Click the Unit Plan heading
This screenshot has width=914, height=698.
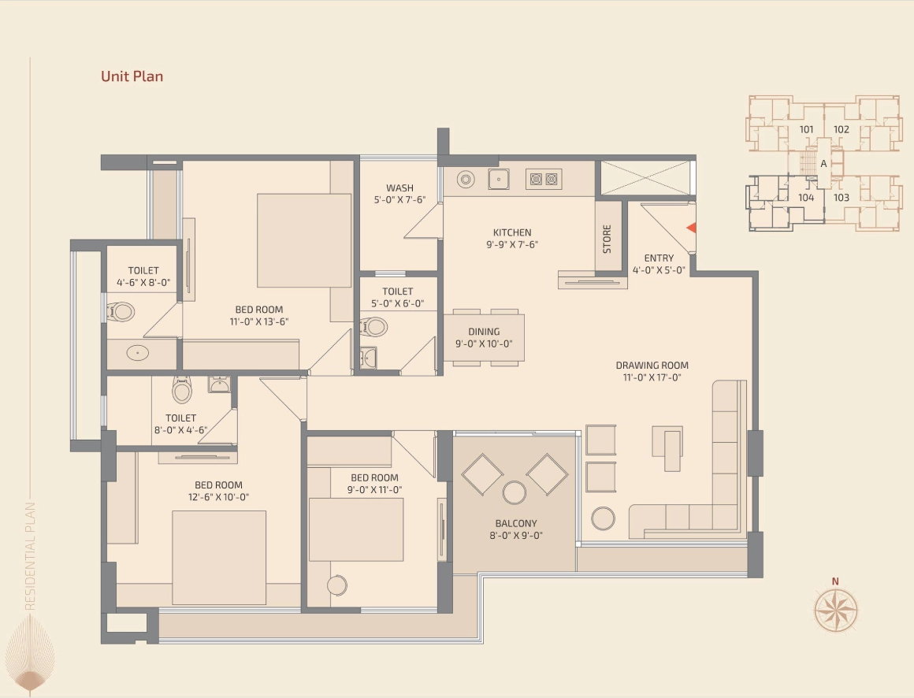(x=132, y=76)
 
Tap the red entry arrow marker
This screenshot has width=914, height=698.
(x=691, y=228)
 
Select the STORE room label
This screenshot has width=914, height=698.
(x=607, y=239)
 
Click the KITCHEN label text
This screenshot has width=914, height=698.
(x=512, y=232)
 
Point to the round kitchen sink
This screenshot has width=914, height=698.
(x=466, y=180)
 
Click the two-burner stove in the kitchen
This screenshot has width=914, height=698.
(x=543, y=179)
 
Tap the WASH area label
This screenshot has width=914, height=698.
(x=400, y=187)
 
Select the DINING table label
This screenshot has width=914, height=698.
(x=484, y=332)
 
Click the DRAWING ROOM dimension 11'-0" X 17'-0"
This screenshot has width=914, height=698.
(x=652, y=377)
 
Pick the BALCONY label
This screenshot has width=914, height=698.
(x=516, y=523)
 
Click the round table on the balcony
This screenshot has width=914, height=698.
(x=514, y=492)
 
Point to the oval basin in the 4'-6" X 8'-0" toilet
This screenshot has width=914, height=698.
(x=138, y=352)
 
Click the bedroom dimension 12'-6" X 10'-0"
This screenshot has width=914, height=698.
(x=218, y=497)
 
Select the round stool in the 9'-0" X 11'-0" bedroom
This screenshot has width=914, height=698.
(x=337, y=585)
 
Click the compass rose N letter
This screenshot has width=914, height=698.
(x=835, y=581)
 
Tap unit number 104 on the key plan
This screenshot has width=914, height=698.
(x=806, y=198)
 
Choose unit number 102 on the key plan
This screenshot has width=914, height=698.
(x=842, y=129)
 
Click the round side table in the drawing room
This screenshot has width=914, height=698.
(x=603, y=518)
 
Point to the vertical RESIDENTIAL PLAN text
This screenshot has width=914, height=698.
(x=30, y=556)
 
